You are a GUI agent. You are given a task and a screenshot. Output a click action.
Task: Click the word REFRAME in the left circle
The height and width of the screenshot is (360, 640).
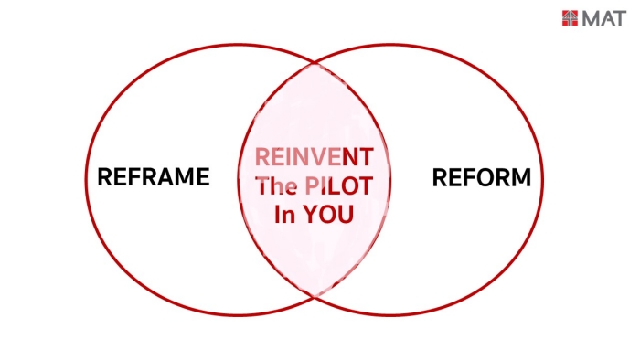[x=154, y=176]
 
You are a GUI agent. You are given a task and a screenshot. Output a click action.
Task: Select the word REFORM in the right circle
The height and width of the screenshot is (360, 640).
[x=482, y=177]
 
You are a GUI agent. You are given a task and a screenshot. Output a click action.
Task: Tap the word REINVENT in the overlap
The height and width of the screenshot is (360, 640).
[x=314, y=157]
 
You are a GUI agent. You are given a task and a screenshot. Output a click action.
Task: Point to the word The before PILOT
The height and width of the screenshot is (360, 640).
[x=276, y=185]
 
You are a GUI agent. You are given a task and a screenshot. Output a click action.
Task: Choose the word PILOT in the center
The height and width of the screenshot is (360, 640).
[x=339, y=185]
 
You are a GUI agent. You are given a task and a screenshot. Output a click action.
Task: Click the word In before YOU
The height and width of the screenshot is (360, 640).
[x=284, y=214]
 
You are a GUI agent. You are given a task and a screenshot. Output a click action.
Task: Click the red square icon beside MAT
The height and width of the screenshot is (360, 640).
[x=570, y=18]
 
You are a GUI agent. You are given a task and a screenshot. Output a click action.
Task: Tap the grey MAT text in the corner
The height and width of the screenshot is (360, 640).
[x=604, y=19]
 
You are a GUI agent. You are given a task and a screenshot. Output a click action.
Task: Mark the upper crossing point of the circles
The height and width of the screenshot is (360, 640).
[x=315, y=64]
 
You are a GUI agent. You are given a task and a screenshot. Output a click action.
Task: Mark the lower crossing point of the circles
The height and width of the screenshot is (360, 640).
[x=315, y=296]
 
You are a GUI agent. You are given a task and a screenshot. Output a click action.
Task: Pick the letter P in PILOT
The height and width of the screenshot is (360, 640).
[x=312, y=185]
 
